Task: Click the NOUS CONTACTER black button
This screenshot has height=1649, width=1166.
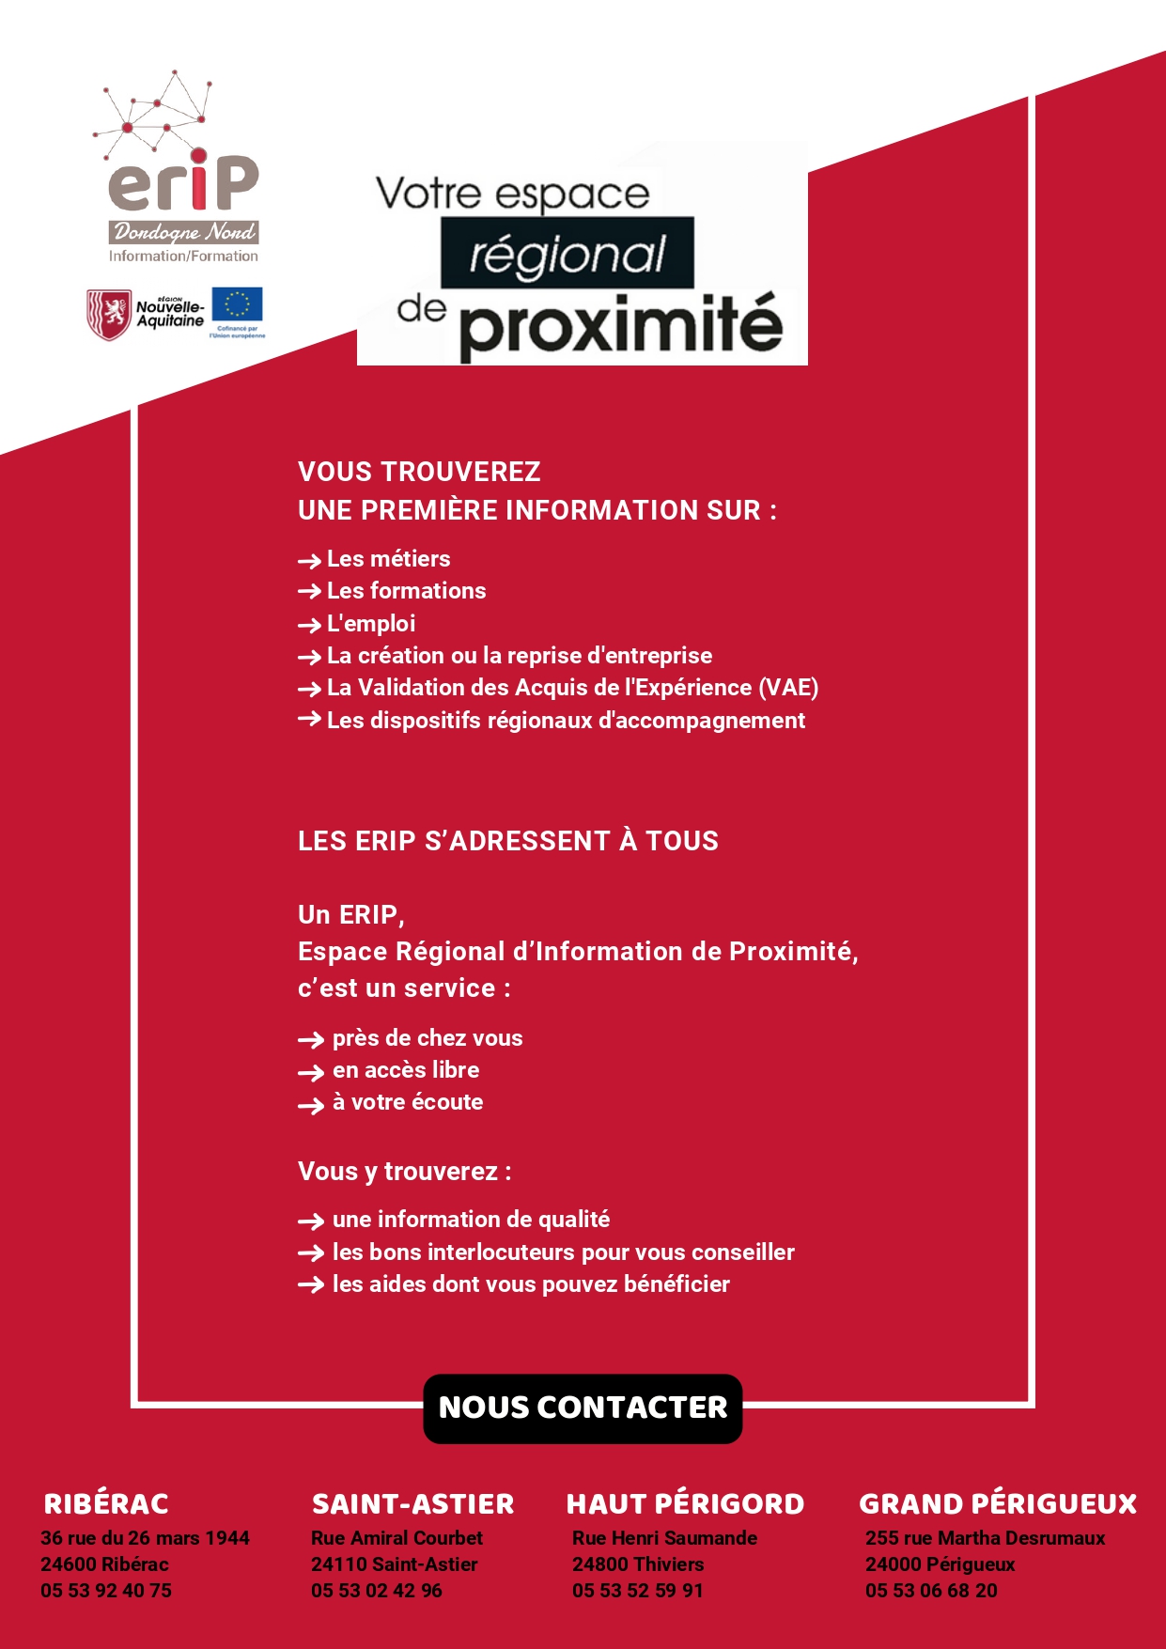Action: pyautogui.click(x=583, y=1408)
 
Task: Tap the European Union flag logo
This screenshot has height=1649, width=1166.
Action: pyautogui.click(x=237, y=305)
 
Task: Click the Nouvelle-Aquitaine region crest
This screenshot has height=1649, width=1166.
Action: pyautogui.click(x=109, y=314)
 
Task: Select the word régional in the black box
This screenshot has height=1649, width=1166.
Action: pyautogui.click(x=567, y=254)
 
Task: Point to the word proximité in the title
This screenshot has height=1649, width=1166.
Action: pyautogui.click(x=620, y=327)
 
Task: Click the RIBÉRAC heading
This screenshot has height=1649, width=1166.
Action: pyautogui.click(x=106, y=1504)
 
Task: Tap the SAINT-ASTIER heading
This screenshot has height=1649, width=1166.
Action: pyautogui.click(x=412, y=1504)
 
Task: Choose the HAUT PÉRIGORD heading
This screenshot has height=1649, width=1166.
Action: pyautogui.click(x=685, y=1504)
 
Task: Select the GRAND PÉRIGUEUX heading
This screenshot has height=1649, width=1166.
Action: pyautogui.click(x=998, y=1504)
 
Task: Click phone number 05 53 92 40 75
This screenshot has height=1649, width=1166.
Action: pyautogui.click(x=106, y=1591)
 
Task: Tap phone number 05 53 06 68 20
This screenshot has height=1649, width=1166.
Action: pyautogui.click(x=931, y=1591)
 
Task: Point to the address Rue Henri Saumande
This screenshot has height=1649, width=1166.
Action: pyautogui.click(x=664, y=1538)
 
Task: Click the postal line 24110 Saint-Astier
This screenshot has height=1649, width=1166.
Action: pyautogui.click(x=394, y=1564)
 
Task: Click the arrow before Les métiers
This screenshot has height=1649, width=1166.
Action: pyautogui.click(x=309, y=561)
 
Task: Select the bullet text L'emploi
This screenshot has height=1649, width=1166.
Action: pyautogui.click(x=371, y=624)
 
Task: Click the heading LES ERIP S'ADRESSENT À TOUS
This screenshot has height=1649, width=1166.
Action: pyautogui.click(x=507, y=841)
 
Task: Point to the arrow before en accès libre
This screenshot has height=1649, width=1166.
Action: pyautogui.click(x=310, y=1072)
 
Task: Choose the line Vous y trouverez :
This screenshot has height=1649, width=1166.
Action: pyautogui.click(x=404, y=1172)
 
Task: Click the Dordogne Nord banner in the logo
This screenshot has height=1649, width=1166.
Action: pyautogui.click(x=183, y=232)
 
